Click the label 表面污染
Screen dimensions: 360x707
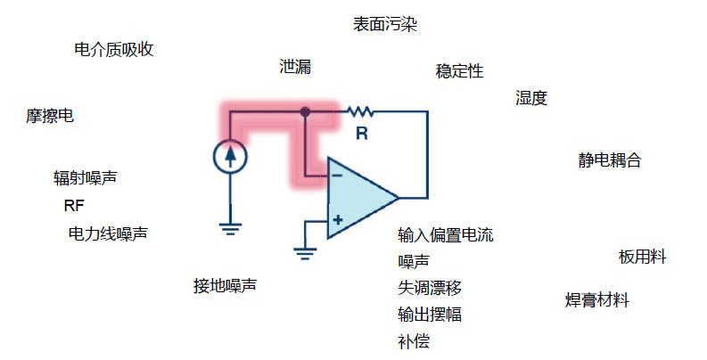click(x=385, y=24)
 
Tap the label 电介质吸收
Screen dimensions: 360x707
click(x=114, y=49)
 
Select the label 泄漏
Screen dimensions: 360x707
click(x=295, y=67)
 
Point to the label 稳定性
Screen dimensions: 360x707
click(x=459, y=71)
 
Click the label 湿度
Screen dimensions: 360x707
click(x=531, y=98)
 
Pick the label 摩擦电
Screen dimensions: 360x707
click(x=50, y=116)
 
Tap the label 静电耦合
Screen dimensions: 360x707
click(x=610, y=160)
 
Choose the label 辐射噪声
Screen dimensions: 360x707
click(x=85, y=178)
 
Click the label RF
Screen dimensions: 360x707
click(x=73, y=206)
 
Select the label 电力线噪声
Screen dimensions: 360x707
click(x=108, y=233)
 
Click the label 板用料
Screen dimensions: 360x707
click(x=643, y=257)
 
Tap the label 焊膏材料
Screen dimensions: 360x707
click(x=597, y=300)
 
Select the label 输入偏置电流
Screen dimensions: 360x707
click(x=446, y=235)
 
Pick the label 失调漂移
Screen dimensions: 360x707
click(x=430, y=288)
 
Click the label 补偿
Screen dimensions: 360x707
click(x=414, y=341)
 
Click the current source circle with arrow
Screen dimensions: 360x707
click(x=231, y=156)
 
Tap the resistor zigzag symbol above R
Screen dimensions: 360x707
click(x=360, y=112)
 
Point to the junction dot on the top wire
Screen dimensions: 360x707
click(x=305, y=112)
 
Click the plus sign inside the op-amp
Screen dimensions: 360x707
click(x=338, y=219)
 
